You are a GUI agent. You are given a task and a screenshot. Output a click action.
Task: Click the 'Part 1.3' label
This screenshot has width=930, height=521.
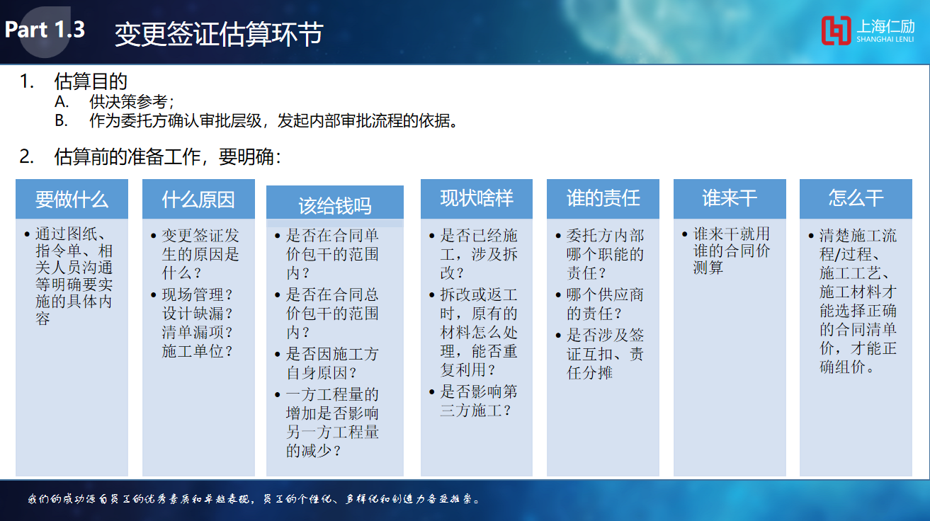tap(45, 30)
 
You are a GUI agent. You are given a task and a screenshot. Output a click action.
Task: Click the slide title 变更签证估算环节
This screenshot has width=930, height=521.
tap(219, 34)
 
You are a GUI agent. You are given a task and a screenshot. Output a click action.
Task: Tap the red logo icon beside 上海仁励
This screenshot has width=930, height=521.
tap(836, 30)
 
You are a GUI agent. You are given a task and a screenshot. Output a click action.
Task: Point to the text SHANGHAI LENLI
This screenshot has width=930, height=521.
tap(885, 40)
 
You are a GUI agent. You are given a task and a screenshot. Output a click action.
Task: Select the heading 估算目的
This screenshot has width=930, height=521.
tap(91, 81)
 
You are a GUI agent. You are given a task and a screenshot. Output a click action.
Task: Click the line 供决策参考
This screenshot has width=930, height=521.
tap(131, 102)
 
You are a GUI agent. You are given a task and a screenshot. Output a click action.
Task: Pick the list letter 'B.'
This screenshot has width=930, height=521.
tap(61, 121)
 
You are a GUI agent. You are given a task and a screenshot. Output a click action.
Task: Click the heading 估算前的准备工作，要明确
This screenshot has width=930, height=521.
tap(168, 157)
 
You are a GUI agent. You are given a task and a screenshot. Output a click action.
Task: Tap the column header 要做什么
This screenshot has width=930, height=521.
tap(72, 200)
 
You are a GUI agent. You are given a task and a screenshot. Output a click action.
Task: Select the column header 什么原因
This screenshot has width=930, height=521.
tap(198, 200)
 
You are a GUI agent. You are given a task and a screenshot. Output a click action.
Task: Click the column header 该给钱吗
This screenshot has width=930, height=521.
tap(335, 206)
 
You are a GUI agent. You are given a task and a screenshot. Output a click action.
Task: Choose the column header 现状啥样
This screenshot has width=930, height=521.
tap(477, 198)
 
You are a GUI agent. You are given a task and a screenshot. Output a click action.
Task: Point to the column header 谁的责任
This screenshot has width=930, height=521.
tap(603, 198)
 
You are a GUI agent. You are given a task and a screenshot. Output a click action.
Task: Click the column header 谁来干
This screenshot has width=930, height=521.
tap(730, 198)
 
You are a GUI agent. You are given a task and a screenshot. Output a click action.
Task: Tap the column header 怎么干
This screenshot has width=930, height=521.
tap(856, 198)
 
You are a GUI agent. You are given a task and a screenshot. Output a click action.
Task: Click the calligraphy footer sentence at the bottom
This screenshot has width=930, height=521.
tap(254, 498)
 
